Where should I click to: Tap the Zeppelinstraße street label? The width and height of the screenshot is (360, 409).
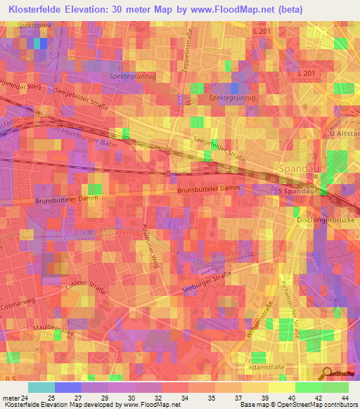coord(187,51)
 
